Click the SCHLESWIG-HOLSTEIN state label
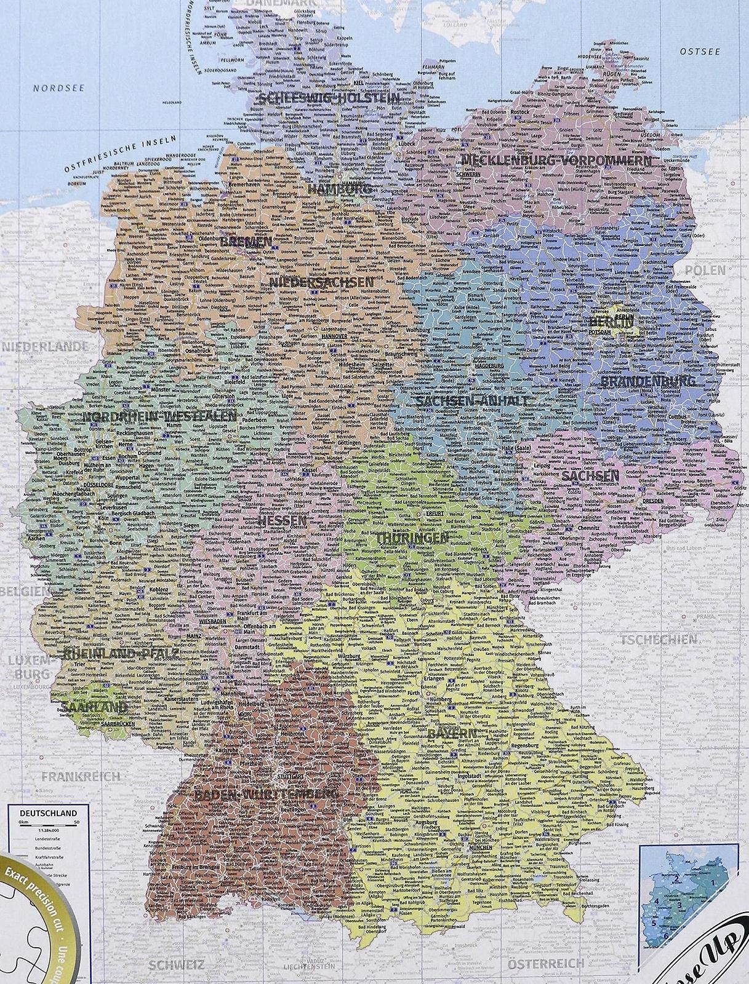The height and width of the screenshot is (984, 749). [x=329, y=98]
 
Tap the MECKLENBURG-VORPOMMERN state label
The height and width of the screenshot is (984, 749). [x=556, y=161]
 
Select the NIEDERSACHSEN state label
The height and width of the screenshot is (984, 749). [x=321, y=282]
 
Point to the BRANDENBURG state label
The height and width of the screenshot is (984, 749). [x=647, y=381]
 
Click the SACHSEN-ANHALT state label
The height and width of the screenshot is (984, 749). [x=472, y=401]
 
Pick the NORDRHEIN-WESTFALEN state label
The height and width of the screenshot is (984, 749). [x=158, y=416]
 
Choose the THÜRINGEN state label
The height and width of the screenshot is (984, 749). [x=412, y=538]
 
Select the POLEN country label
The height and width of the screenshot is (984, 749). [x=706, y=271]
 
